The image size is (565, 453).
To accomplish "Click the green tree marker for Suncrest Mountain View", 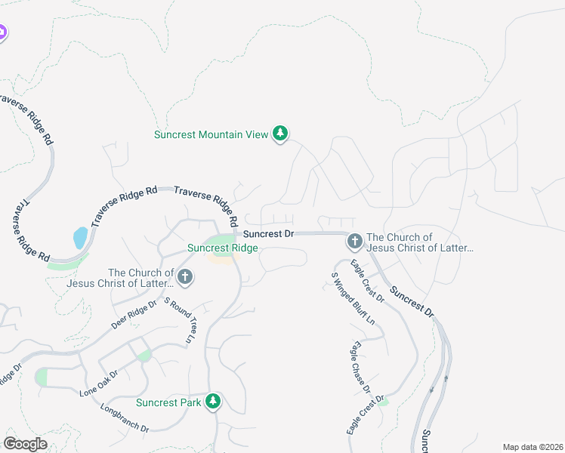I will pos(280,134).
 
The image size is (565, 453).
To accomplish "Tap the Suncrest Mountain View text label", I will pos(211,134).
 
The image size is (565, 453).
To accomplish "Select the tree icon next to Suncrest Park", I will pos(214,400).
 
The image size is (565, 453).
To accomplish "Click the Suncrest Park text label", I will pos(168,402).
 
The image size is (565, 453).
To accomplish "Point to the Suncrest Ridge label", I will pos(223,248).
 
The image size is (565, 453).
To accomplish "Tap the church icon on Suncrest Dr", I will pos(354,242).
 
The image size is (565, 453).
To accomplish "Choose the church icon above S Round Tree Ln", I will pos(185,277).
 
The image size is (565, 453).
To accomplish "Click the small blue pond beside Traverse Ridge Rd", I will pos(80,238).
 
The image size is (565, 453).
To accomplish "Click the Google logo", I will pos(26,443).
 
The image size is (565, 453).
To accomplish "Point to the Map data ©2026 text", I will pos(532,447).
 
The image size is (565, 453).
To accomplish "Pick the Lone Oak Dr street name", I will pos(99,384).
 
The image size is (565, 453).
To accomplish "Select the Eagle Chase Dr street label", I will pos(359,367).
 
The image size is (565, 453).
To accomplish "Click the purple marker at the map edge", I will pos(2,33).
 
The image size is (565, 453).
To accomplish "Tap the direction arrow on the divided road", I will pos(431,390).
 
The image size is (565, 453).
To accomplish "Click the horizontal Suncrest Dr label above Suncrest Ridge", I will pos(268,234).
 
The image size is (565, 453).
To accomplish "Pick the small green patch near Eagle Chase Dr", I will pos(384,402).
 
